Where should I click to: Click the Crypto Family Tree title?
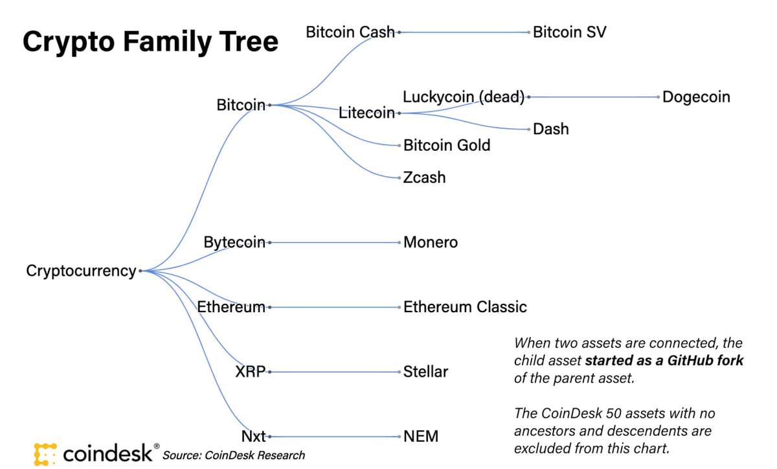point(150,42)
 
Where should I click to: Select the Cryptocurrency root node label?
point(81,271)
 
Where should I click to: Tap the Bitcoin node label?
point(241,104)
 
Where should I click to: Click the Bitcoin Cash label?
point(350,31)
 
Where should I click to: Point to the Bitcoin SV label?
point(569,32)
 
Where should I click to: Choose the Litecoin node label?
point(366,113)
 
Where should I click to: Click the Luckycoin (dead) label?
point(463,97)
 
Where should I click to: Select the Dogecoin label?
point(696,97)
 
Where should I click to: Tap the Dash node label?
point(551,129)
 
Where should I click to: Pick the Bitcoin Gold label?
point(447,145)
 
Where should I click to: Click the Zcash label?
point(424,177)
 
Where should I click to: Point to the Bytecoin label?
point(234,242)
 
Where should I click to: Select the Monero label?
point(431,242)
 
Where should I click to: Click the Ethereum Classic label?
point(465,307)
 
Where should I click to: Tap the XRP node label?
point(251,372)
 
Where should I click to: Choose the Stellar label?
point(425,372)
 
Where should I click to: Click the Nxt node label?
point(253,437)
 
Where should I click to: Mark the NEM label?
point(421,437)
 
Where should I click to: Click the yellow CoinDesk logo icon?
point(46,453)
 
